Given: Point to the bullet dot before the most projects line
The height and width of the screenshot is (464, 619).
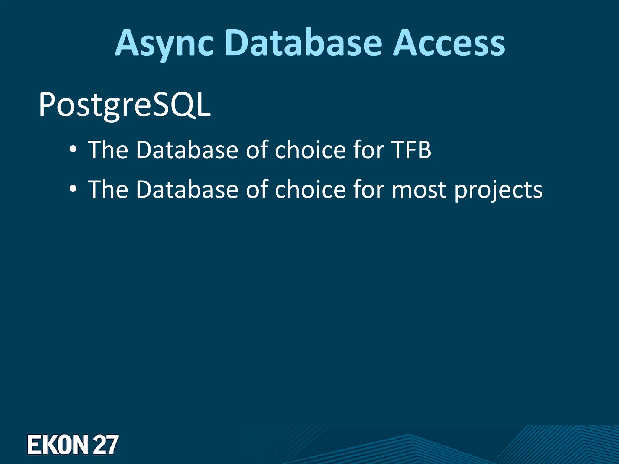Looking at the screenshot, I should point(73,189).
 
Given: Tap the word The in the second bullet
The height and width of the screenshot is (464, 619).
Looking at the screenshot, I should point(108,189).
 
